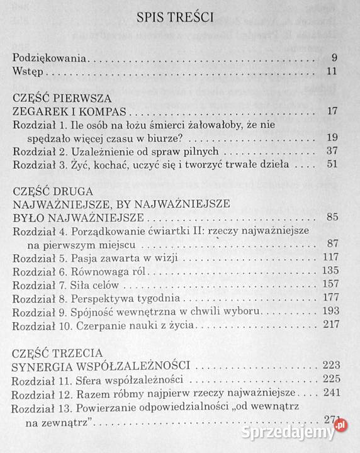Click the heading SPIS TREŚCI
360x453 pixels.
[x=175, y=18]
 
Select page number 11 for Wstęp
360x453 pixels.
[x=333, y=70]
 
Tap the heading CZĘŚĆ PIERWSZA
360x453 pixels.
[x=62, y=98]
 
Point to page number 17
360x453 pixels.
[x=333, y=111]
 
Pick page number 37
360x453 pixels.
[x=333, y=151]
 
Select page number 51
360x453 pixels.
[x=333, y=164]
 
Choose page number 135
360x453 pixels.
[x=330, y=271]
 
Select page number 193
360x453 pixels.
[x=330, y=311]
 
